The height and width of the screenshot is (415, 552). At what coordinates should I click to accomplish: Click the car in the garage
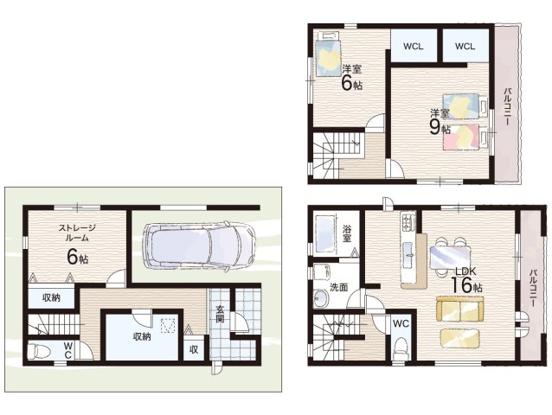tap(198, 246)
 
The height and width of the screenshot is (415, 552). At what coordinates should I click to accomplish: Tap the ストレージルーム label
tap(77, 233)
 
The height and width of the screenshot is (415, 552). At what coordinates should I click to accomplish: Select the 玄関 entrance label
tap(220, 315)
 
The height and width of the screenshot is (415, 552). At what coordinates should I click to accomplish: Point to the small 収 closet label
tap(194, 349)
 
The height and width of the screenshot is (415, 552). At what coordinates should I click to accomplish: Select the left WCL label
tap(414, 47)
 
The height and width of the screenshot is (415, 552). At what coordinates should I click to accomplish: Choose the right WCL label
tap(465, 46)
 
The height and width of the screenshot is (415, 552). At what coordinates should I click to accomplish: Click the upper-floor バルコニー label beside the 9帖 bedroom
tap(508, 107)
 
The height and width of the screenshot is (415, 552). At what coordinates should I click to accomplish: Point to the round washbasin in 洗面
tap(320, 298)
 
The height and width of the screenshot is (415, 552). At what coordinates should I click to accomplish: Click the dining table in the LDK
tap(450, 257)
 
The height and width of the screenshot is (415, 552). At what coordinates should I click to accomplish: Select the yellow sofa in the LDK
tap(459, 309)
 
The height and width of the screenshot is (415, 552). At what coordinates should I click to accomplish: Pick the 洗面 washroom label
tap(338, 287)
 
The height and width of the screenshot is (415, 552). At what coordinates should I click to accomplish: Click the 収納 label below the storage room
tap(51, 297)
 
